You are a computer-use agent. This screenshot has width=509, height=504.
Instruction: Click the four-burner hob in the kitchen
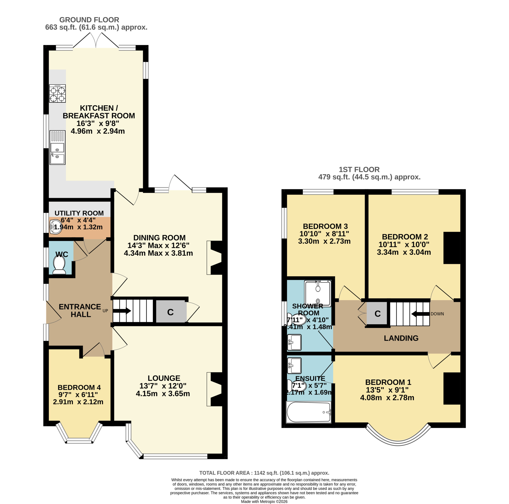pos(57,93)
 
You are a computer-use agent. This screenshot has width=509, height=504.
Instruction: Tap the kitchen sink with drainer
pos(57,148)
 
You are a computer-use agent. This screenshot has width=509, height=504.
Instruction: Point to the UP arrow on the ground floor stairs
pos(122,311)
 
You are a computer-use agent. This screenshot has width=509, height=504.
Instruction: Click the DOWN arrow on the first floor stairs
pos(421,314)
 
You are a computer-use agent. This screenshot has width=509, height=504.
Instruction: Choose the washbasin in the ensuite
pos(294,366)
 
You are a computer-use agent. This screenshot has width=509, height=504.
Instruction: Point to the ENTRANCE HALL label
pos(80,311)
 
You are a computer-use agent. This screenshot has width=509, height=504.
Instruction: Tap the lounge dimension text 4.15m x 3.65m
pos(163,394)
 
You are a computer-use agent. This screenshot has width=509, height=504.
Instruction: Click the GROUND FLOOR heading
pos(89,20)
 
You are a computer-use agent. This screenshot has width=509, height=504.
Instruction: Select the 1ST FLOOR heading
pos(359,170)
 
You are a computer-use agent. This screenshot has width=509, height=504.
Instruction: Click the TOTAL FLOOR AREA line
pos(264,473)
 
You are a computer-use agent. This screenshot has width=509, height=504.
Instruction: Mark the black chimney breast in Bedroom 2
pos(452,248)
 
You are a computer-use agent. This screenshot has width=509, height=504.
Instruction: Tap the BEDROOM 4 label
pos(79,387)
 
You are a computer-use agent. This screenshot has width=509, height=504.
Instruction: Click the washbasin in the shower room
pos(294,342)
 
